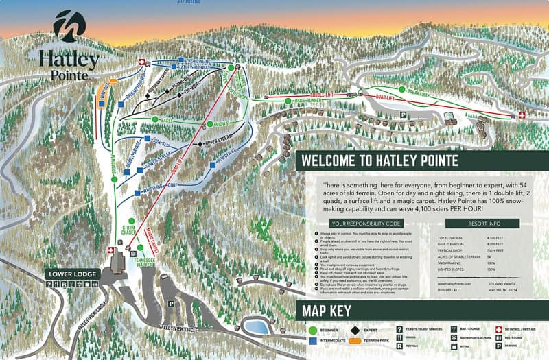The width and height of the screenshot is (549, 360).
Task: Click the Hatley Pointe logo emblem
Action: (69, 25)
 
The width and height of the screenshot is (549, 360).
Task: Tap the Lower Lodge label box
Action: (73, 274)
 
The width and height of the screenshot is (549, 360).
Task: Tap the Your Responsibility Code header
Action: (365, 223)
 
